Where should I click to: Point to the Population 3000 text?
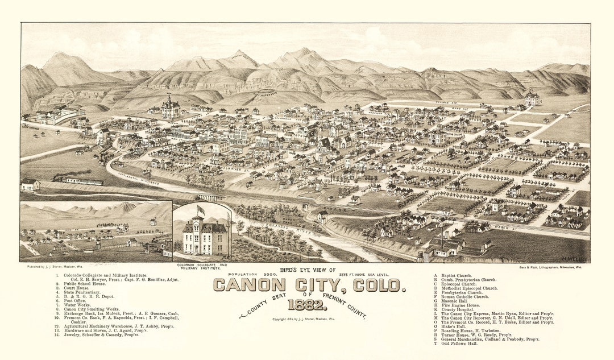tap(248, 274)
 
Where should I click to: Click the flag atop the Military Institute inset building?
tap(200, 209)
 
